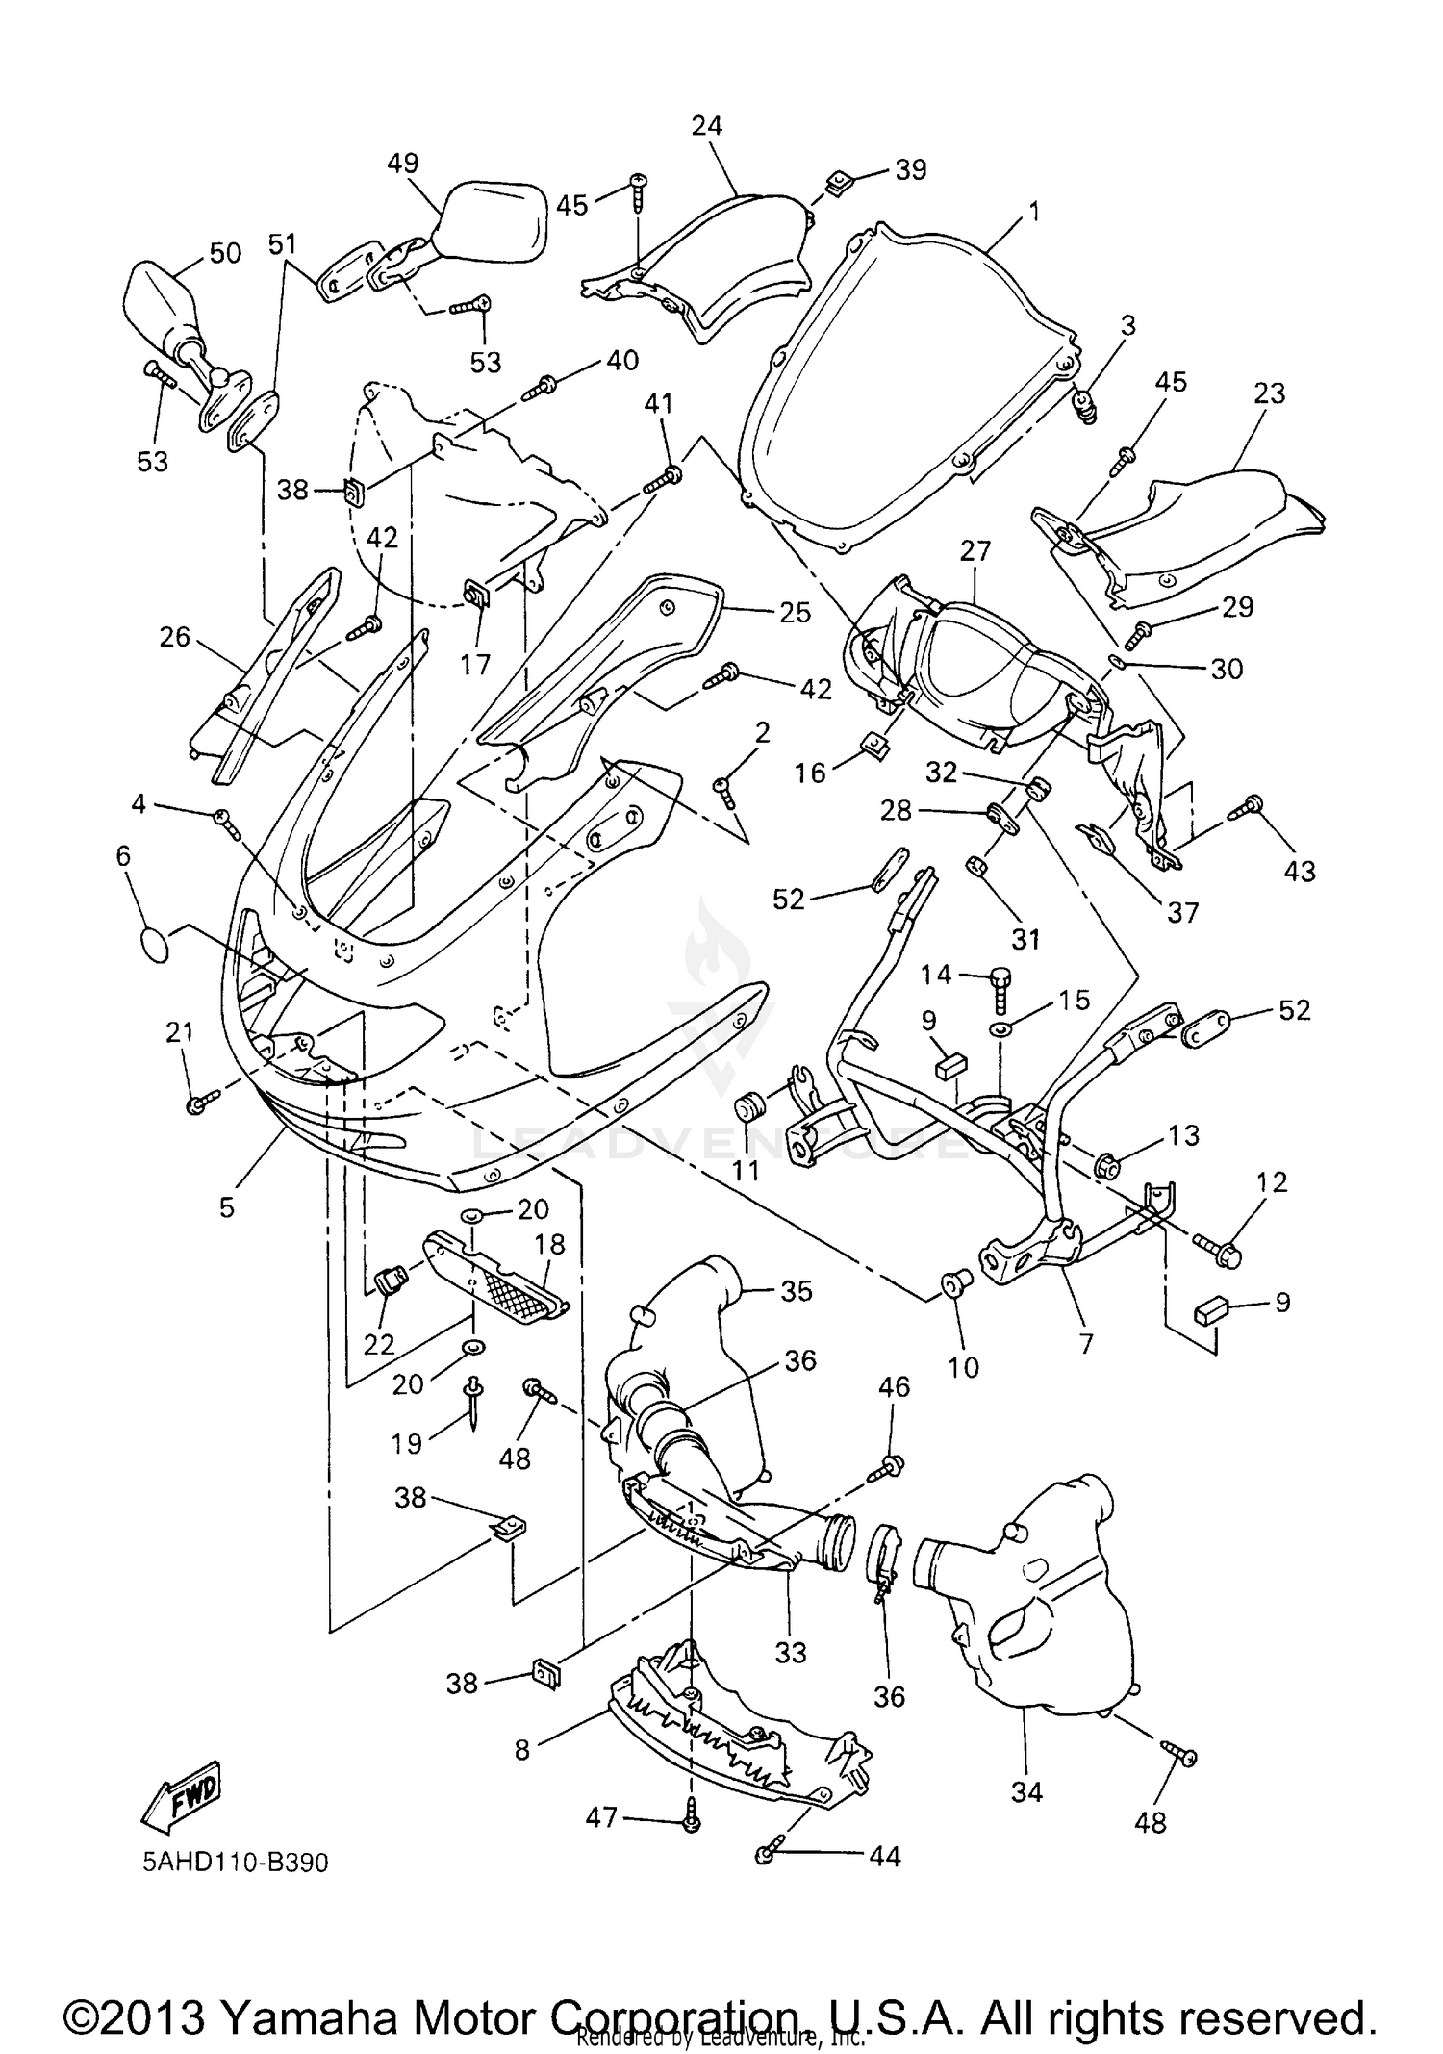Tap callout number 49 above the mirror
pyautogui.click(x=403, y=163)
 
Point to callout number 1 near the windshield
pyautogui.click(x=1034, y=211)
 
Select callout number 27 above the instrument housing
pyautogui.click(x=975, y=550)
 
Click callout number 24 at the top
pyautogui.click(x=707, y=125)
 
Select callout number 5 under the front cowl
pyautogui.click(x=226, y=1206)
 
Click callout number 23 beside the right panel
pyautogui.click(x=1270, y=393)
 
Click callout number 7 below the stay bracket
pyautogui.click(x=1087, y=1343)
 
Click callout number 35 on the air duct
pyautogui.click(x=796, y=1290)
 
